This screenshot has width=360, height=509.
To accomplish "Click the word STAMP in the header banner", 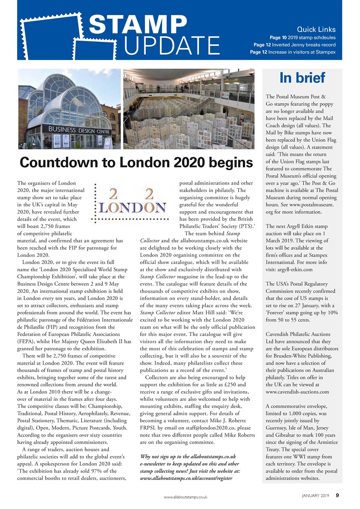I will pos(137,25).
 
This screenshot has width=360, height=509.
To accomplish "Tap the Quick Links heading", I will pos(316,29).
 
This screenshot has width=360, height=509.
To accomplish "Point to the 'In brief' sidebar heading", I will pos(302,78).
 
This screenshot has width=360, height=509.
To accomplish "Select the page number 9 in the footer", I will pos(337,495).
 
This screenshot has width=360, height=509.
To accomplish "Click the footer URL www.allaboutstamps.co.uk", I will pos(186,497).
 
